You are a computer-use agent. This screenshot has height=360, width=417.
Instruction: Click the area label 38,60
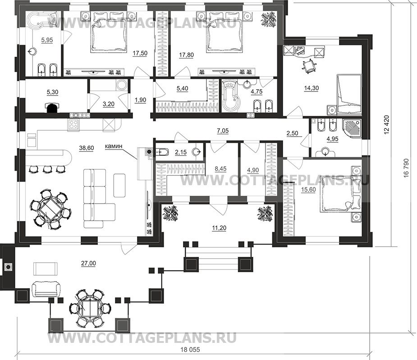87,148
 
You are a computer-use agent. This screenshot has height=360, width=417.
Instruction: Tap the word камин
113,146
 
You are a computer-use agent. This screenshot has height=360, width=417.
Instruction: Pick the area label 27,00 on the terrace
89,264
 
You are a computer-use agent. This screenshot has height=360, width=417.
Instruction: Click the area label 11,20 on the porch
219,228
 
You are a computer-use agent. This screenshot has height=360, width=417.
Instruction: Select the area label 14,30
312,88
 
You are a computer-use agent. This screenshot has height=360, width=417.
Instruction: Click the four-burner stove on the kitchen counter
73,124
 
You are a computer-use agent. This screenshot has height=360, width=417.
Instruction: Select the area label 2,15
181,152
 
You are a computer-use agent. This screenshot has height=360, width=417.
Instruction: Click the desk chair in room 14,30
308,65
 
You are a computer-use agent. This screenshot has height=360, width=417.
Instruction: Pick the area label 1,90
140,100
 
